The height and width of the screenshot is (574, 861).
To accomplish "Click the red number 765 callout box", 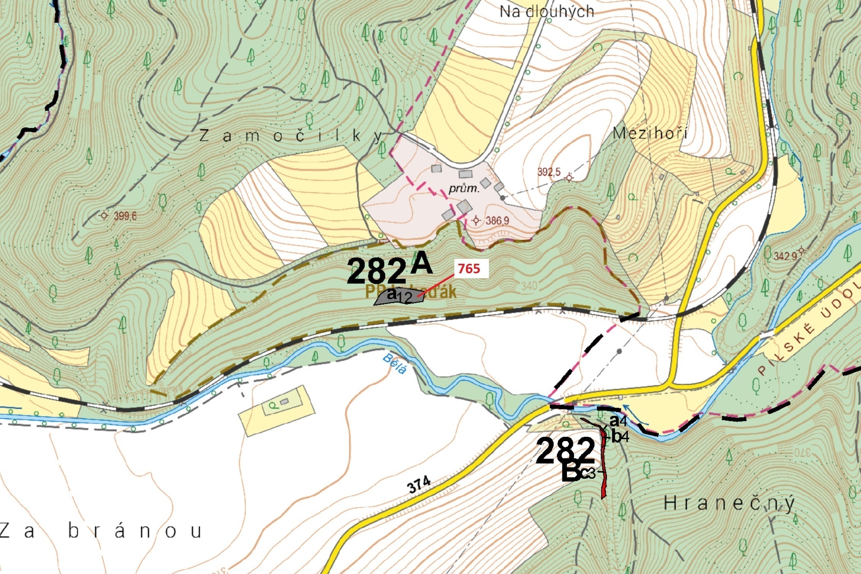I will (469, 269).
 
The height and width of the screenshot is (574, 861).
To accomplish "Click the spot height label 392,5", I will (549, 172).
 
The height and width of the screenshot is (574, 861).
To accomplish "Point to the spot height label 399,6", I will (125, 217).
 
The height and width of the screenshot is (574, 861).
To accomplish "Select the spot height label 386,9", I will (497, 220).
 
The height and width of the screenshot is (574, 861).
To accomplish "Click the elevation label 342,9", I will (785, 256).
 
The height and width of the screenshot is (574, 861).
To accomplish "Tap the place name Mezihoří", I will (650, 133).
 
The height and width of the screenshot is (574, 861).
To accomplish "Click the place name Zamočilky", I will (291, 136).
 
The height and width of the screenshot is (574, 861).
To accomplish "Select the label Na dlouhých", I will (546, 12).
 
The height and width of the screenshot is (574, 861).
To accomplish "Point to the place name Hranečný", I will (729, 504).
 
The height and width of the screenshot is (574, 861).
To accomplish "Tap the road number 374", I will (419, 485).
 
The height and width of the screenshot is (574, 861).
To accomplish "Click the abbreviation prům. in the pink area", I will (463, 188).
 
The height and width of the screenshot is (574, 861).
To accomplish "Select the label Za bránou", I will (101, 531).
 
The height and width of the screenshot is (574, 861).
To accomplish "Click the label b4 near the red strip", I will (620, 437).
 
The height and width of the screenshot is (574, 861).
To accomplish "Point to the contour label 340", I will (529, 286).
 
